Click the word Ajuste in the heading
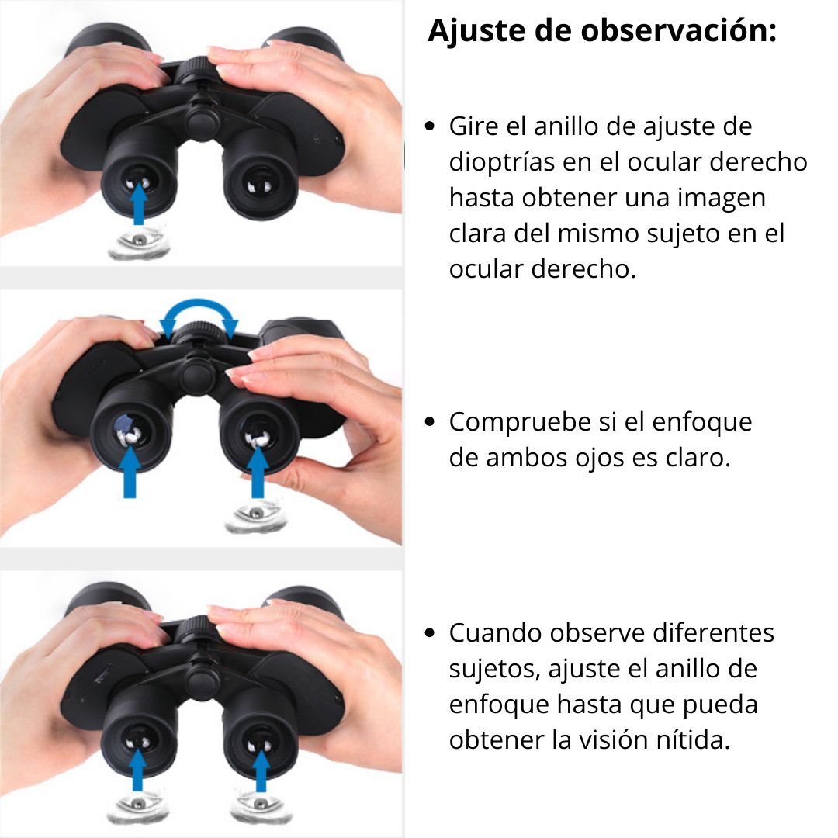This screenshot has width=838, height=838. click(x=476, y=30)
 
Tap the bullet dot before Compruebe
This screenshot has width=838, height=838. click(x=430, y=421)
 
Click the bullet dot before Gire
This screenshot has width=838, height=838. click(x=430, y=126)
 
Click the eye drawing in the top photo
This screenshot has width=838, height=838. click(x=139, y=244)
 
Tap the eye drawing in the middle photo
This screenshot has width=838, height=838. click(x=256, y=516)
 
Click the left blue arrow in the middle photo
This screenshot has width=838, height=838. click(x=130, y=472)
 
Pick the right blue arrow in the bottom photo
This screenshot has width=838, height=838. click(x=261, y=770)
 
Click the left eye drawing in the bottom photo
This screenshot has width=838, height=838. click(x=138, y=806)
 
